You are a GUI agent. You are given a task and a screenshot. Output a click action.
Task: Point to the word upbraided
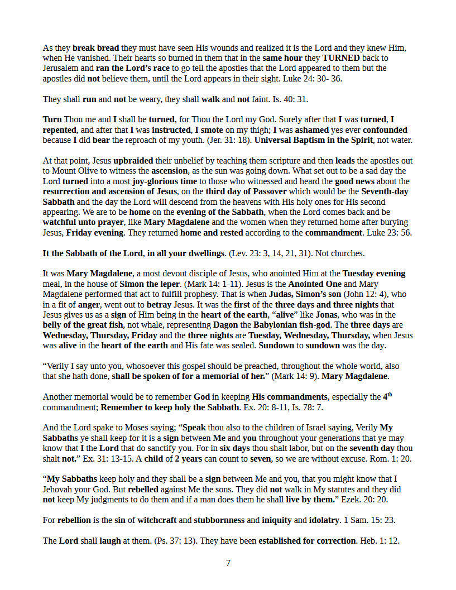134,161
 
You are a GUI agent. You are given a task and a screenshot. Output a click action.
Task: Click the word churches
349,253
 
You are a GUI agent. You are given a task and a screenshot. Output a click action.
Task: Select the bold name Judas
283,294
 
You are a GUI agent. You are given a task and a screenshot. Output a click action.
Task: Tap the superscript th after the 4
391,395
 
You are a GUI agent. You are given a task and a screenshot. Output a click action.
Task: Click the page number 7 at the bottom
228,563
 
